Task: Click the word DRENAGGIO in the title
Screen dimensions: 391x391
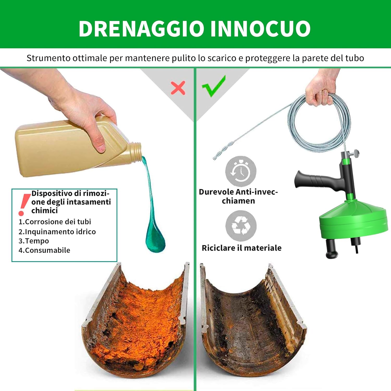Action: [x=141, y=28]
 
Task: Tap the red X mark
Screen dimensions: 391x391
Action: [x=178, y=88]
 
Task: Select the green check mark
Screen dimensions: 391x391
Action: [x=214, y=87]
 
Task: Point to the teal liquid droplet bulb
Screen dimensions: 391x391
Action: [x=155, y=239]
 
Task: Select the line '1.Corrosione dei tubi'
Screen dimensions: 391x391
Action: [x=55, y=222]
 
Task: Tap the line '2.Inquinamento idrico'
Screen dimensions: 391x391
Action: [x=57, y=232]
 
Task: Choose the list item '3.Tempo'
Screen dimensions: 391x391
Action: [x=34, y=241]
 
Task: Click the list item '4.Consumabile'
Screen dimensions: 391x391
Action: [x=44, y=250]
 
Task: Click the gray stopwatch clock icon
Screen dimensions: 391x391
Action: [x=241, y=171]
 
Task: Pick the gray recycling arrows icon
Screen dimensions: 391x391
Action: [x=241, y=225]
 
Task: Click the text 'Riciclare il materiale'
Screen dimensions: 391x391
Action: [x=241, y=248]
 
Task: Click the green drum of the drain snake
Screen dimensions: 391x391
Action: [x=353, y=219]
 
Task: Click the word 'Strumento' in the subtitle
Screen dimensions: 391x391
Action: [x=48, y=58]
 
